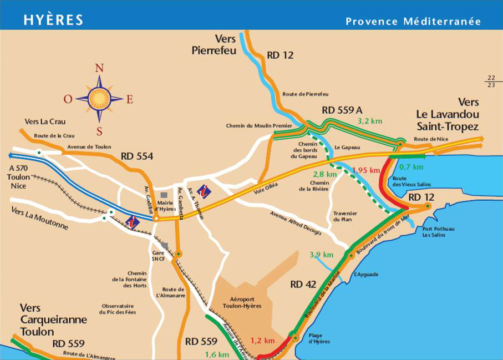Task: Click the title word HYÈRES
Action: [53, 20]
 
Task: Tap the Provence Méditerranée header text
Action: [413, 22]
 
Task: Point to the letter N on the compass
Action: [99, 68]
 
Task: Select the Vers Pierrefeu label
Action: [214, 45]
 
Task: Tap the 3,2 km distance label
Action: [370, 120]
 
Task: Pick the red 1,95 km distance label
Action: [366, 170]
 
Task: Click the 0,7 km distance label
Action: [411, 166]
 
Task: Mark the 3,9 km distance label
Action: [321, 255]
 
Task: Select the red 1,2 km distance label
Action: [262, 341]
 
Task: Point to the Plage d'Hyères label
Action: [319, 338]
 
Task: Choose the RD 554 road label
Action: [136, 156]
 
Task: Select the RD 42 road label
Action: [303, 285]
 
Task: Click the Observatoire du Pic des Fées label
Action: [118, 309]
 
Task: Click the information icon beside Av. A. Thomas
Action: [205, 190]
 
